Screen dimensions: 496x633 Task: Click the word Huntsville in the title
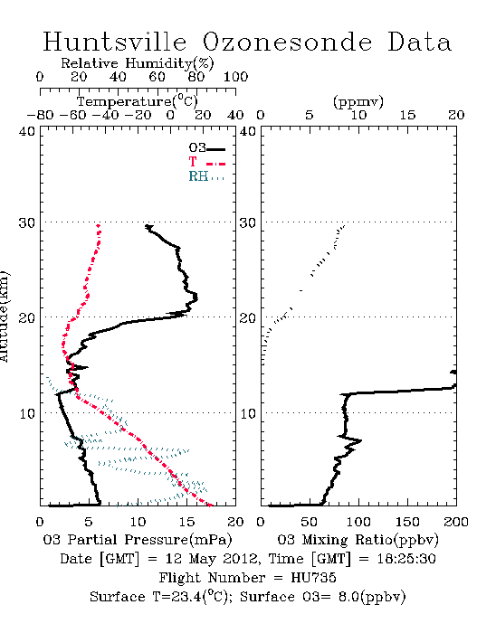[115, 43]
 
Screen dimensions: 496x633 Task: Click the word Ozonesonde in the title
[287, 43]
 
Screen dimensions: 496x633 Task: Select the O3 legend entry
[207, 148]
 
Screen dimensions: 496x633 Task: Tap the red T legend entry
[207, 162]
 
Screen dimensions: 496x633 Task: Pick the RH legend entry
[206, 176]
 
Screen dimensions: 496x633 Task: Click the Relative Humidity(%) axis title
[138, 63]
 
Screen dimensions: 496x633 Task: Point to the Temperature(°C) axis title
[138, 101]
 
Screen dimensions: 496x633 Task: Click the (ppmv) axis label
[358, 101]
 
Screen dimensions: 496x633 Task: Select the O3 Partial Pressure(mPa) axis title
[138, 540]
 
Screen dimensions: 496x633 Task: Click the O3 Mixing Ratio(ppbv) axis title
[358, 540]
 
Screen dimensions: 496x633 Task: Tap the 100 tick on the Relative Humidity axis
[236, 77]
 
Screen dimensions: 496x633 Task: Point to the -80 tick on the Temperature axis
[40, 115]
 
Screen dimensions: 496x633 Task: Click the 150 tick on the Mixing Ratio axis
[407, 522]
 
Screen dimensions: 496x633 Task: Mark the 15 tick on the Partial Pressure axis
[186, 522]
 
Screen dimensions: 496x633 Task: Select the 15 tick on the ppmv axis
[407, 115]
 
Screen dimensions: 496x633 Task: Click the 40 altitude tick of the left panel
[27, 131]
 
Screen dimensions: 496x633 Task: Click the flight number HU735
[313, 578]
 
